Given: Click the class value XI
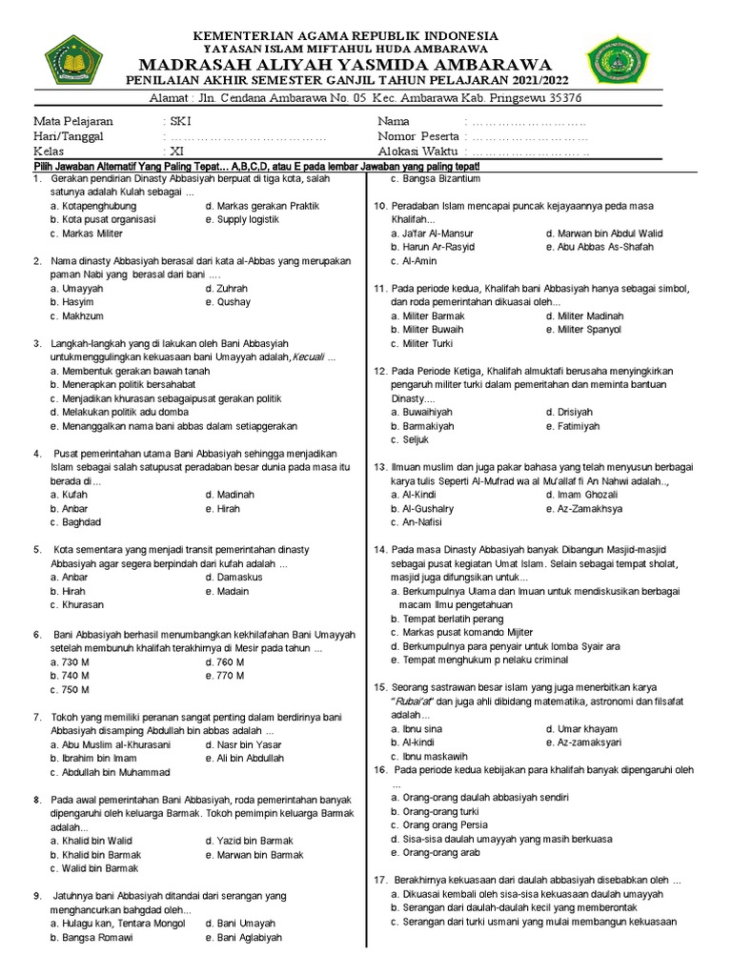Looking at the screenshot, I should (177, 151).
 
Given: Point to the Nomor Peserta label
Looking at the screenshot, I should (418, 136).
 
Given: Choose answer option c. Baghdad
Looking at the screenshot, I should (76, 522).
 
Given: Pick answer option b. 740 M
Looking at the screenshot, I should (71, 676).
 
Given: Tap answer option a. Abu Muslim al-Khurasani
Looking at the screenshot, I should (111, 744).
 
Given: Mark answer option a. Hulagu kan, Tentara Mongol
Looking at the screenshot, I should (118, 924).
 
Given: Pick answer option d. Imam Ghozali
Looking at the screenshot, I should (582, 495).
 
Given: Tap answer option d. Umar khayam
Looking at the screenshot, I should (581, 728).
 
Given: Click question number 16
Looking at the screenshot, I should (380, 769).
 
